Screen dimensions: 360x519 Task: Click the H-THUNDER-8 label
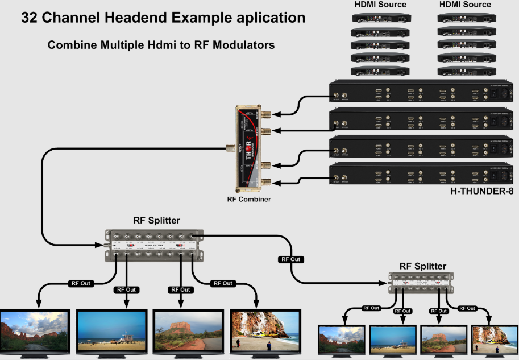(x=481, y=191)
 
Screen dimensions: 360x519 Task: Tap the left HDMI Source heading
(x=380, y=5)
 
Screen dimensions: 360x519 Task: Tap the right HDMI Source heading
(x=465, y=5)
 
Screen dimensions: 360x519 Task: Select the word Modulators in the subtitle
(x=245, y=45)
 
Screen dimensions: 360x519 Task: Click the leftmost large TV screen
(x=35, y=330)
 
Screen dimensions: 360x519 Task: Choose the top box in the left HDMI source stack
(x=380, y=18)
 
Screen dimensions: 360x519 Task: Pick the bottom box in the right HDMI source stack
(x=465, y=71)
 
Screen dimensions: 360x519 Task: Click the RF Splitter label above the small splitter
(x=422, y=266)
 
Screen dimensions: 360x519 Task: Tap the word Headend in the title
(x=126, y=18)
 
